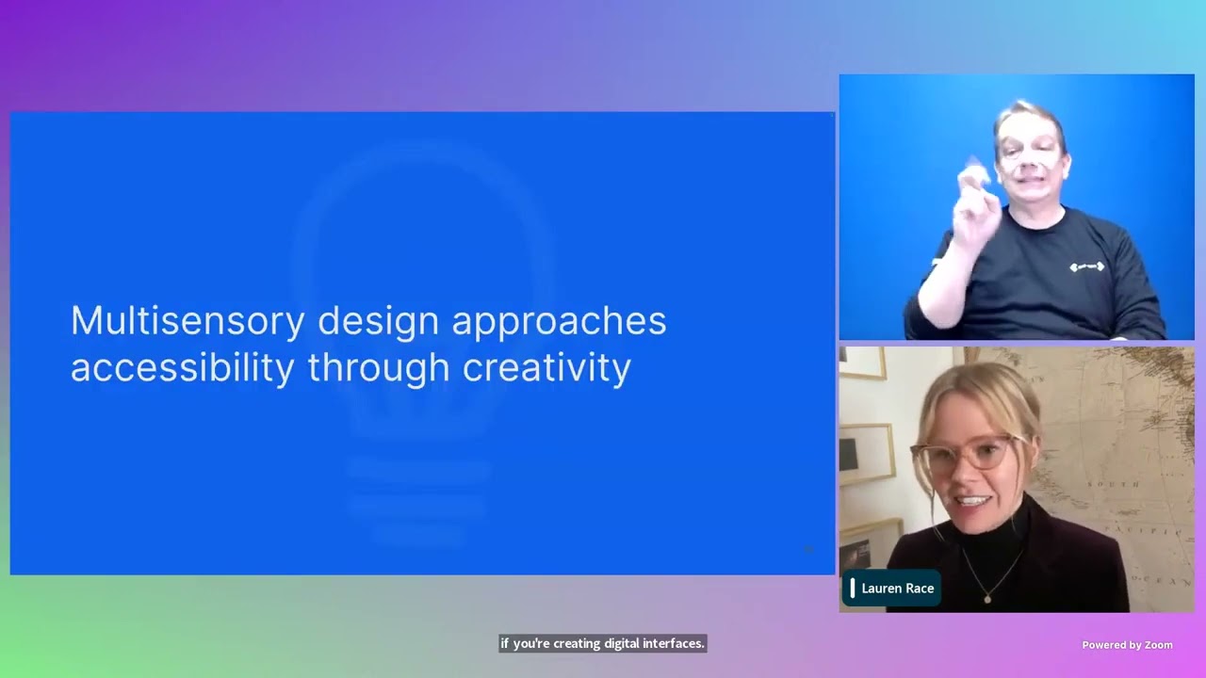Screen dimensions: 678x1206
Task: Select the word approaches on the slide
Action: click(x=559, y=321)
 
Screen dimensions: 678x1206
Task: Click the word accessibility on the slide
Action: click(x=182, y=367)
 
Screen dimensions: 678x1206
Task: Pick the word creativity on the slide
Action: click(x=546, y=367)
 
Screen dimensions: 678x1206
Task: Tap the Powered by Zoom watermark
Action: click(x=1127, y=645)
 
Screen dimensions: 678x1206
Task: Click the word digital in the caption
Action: click(x=611, y=644)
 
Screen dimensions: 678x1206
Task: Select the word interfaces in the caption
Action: click(x=674, y=644)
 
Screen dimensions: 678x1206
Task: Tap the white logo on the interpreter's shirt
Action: click(x=1086, y=267)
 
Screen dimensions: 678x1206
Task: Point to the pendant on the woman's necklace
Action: click(x=986, y=596)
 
